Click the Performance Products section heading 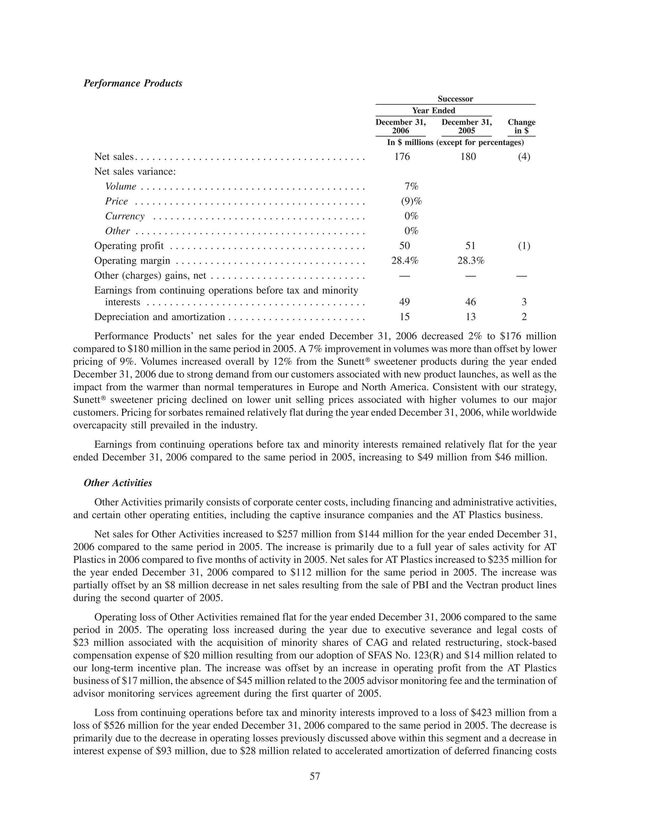(x=133, y=83)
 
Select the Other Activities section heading (x=118, y=483)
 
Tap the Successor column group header (x=455, y=99)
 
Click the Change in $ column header (x=521, y=126)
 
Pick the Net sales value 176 (x=402, y=157)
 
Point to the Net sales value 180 (x=468, y=157)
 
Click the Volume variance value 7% (x=411, y=186)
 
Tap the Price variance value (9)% (x=411, y=202)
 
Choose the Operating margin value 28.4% (x=404, y=261)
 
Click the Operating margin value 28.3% (x=471, y=261)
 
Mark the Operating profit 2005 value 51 (x=471, y=246)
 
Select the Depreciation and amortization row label (x=160, y=317)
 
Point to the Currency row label (x=125, y=216)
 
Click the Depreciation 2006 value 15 (x=404, y=317)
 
